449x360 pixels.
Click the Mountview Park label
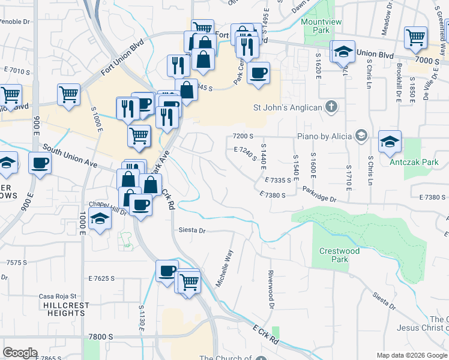[316, 26]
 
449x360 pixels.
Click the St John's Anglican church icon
[331, 107]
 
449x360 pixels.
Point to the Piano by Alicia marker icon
[361, 136]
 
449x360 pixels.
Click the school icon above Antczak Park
[390, 142]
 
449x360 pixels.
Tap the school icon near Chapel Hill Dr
[100, 220]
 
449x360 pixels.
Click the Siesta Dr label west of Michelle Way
[192, 230]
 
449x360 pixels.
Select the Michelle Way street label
[224, 268]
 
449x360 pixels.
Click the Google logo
[20, 352]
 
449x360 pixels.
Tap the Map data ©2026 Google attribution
[411, 355]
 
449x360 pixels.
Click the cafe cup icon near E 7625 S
[167, 271]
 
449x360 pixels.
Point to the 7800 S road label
[100, 337]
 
